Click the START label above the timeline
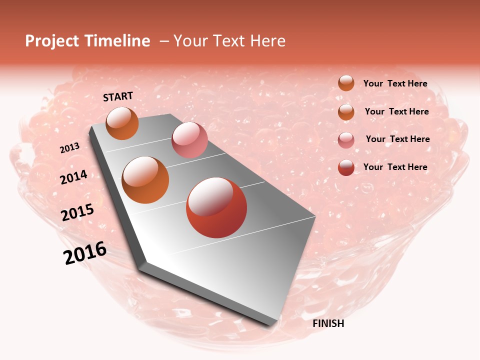click(x=118, y=96)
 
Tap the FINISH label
click(x=328, y=323)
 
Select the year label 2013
click(x=70, y=148)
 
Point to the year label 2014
click(x=74, y=177)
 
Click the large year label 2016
click(x=85, y=253)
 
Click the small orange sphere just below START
click(x=122, y=123)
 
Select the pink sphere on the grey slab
click(x=189, y=140)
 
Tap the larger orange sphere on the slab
click(x=145, y=180)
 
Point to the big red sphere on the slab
click(x=216, y=207)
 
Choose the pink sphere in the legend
click(x=346, y=140)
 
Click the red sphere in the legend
click(x=346, y=167)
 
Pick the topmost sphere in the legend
click(x=346, y=83)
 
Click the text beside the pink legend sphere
click(x=397, y=139)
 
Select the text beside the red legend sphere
click(x=395, y=167)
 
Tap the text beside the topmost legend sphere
click(x=395, y=83)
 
